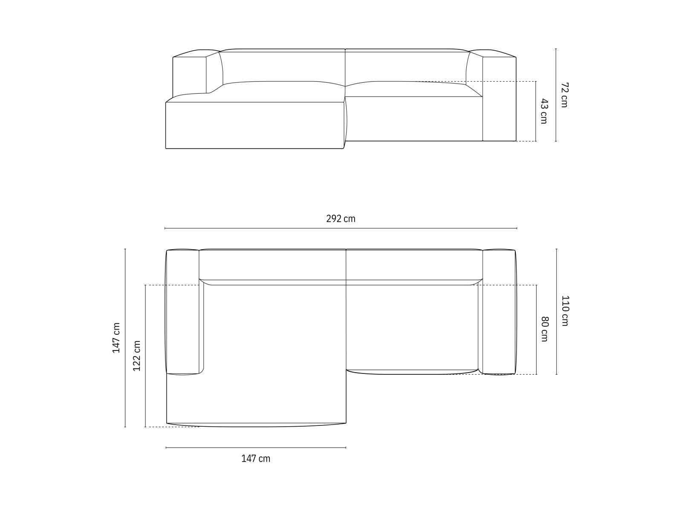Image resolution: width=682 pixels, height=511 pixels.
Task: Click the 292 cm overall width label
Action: pos(341,219)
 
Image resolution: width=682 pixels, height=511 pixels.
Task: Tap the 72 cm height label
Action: pos(564,95)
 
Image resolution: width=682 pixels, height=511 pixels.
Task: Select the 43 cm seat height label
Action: pos(543,111)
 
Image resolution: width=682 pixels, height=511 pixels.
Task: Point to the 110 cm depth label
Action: pos(565,310)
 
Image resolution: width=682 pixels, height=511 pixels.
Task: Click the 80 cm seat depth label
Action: pos(544,329)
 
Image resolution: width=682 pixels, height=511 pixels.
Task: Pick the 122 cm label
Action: pos(137,356)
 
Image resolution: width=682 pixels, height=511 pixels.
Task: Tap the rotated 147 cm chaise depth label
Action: pos(116,338)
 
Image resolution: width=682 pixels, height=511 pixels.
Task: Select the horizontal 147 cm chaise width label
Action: pos(256,459)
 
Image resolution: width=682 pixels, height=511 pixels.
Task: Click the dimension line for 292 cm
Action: pos(341,229)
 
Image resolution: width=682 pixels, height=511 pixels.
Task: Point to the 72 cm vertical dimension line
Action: pos(556,95)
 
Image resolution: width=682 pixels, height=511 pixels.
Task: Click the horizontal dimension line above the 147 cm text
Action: pos(256,448)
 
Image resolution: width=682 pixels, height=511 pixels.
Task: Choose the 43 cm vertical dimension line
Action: pos(536,111)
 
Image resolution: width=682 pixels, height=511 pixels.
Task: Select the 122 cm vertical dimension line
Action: pos(145,356)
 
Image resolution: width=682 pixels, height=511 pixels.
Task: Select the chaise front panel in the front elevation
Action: pos(254,125)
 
